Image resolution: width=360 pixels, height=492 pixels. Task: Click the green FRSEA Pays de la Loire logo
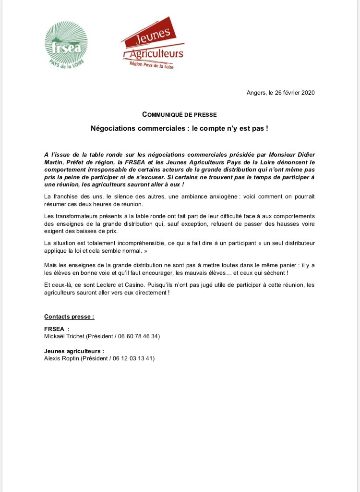point(66,47)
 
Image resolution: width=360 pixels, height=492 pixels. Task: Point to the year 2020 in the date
point(307,93)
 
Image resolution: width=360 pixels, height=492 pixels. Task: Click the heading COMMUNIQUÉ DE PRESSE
point(180,114)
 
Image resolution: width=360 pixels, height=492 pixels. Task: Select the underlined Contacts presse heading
point(69,317)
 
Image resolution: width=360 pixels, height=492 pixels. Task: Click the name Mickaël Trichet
point(64,336)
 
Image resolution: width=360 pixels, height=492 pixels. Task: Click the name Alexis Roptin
point(61,358)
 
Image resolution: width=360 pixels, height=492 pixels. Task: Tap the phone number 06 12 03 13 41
point(133,358)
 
